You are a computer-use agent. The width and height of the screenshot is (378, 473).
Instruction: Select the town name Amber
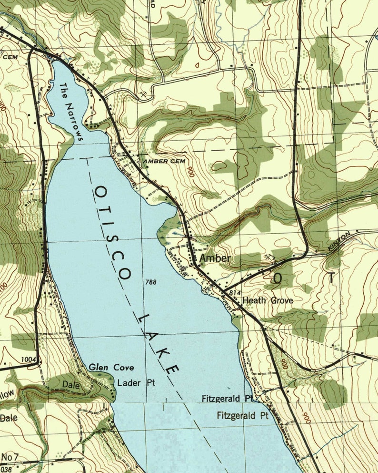tap(215, 259)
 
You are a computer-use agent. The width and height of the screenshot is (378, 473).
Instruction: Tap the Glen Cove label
tap(111, 367)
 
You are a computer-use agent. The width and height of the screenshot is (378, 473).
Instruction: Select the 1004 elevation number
tap(28, 359)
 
